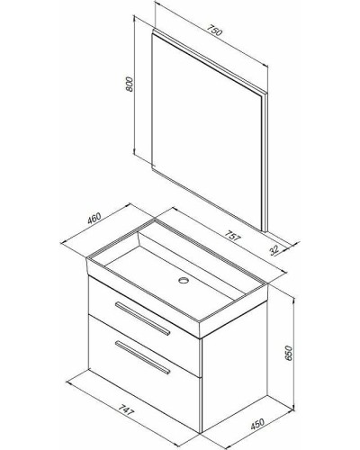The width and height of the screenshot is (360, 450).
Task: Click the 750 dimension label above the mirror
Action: pos(214,31)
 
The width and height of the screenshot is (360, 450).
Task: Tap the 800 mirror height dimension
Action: pos(129,85)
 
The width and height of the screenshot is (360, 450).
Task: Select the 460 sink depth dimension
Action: pos(94,219)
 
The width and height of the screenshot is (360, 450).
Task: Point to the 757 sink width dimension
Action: pos(233,236)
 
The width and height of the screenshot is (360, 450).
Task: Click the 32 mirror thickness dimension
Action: pos(274,250)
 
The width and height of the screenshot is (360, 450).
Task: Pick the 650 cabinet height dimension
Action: pos(288,353)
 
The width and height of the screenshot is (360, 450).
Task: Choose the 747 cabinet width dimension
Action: pos(125,409)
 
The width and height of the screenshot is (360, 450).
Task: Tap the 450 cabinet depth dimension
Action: pos(257,424)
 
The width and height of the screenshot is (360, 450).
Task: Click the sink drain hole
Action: pos(183,281)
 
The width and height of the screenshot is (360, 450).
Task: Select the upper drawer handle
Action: pos(143,319)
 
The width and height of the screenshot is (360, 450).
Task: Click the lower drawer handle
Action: pos(142,357)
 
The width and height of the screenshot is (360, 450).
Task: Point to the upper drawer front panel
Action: pos(144,326)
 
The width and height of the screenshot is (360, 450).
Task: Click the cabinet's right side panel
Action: pos(235,367)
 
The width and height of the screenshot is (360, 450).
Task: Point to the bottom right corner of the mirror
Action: pos(266,231)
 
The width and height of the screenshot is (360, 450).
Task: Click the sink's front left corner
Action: pos(87,258)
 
